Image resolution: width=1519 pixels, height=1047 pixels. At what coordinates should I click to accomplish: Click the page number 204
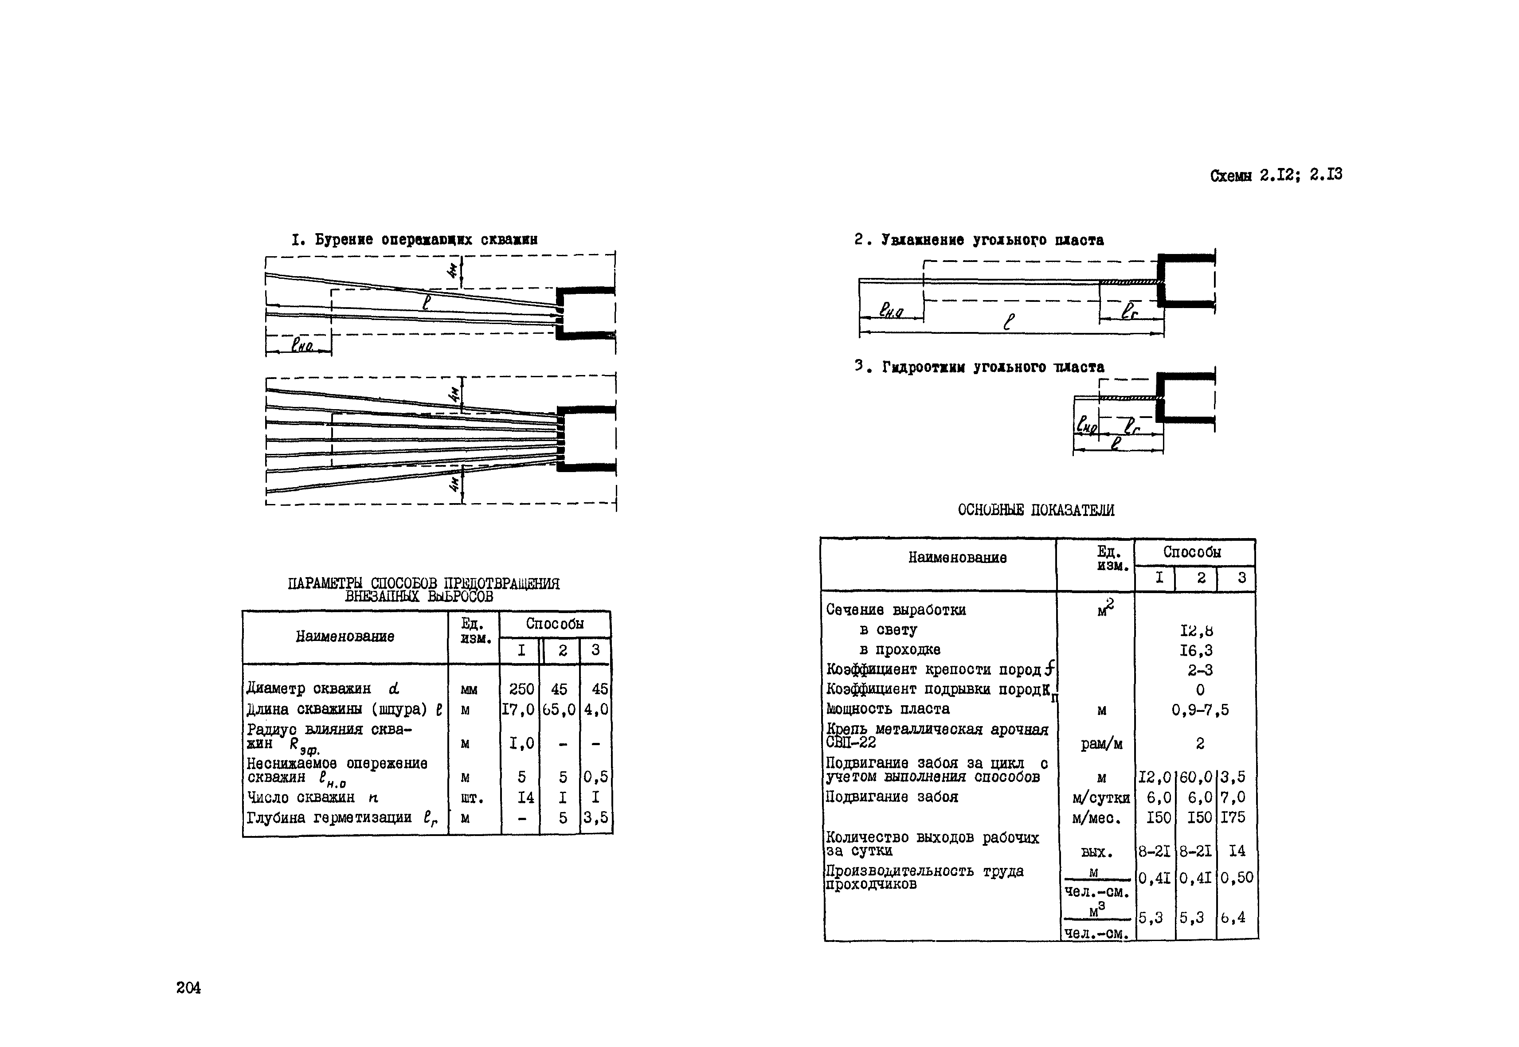click(188, 987)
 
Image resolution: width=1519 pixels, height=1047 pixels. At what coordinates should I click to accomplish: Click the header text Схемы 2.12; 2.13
click(1276, 175)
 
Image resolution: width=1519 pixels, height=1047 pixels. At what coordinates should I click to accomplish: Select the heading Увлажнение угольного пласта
click(979, 240)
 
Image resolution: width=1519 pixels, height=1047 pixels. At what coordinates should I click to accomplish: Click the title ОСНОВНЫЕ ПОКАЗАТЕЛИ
click(1035, 510)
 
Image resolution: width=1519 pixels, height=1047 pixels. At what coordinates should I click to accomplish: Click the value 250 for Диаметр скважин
click(521, 689)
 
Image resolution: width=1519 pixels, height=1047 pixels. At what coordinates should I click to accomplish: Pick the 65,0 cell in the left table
click(560, 710)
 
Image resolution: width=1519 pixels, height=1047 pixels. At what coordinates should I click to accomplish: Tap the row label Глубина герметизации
click(329, 818)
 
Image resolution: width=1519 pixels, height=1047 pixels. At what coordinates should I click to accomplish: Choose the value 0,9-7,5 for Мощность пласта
click(1200, 710)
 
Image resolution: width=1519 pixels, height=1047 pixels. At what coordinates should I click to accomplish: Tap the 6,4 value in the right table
click(1233, 918)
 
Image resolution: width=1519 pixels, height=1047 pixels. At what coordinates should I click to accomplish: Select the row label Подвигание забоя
click(892, 797)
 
